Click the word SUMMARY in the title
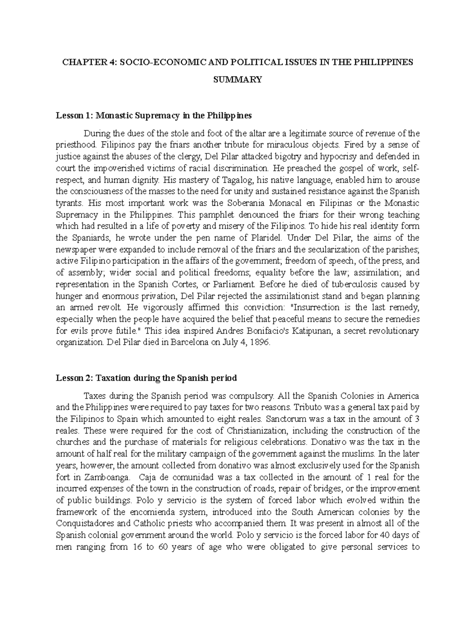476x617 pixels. click(x=238, y=80)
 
